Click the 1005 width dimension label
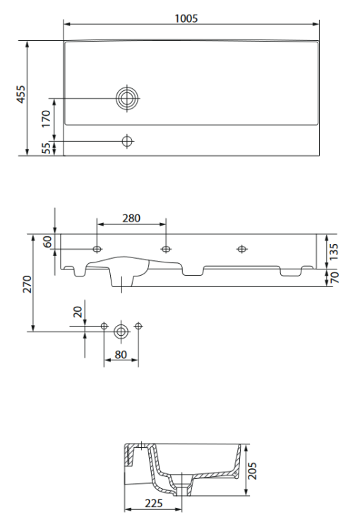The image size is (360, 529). [186, 18]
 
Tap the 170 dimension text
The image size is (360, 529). [47, 118]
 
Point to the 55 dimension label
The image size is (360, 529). [47, 148]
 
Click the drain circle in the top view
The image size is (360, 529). [127, 98]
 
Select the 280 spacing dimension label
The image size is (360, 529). [131, 218]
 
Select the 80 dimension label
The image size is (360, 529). [121, 355]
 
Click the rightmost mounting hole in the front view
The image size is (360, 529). [242, 249]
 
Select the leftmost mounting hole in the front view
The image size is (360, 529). [97, 249]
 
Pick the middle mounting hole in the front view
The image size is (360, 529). [166, 249]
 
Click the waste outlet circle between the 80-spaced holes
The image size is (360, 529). [121, 329]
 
